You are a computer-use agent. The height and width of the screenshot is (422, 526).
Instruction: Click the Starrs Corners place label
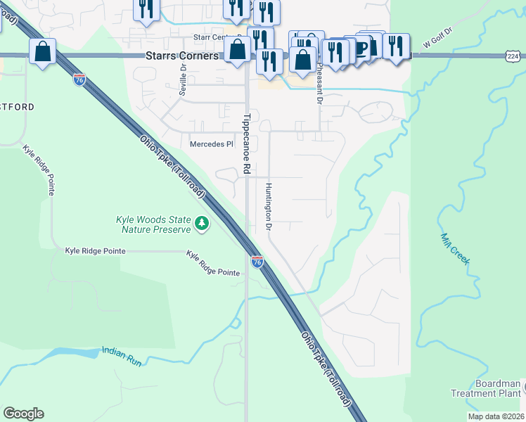[182, 55]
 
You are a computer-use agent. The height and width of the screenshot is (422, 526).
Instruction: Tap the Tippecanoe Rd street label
[246, 143]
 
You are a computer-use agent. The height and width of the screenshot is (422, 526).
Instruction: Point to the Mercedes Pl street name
[211, 144]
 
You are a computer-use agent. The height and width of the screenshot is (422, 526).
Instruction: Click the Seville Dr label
[183, 79]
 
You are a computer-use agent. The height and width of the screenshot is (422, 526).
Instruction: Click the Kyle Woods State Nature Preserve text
[153, 224]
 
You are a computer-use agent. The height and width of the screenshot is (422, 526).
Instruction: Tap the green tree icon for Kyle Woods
[203, 224]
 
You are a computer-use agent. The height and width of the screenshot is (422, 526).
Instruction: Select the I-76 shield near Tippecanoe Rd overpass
[257, 262]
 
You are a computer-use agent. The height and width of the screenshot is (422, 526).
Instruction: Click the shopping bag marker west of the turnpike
[43, 51]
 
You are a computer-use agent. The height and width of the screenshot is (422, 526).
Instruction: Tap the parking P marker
[364, 47]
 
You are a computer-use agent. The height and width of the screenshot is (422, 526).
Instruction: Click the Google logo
[23, 414]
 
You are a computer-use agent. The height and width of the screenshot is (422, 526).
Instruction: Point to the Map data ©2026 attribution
[496, 416]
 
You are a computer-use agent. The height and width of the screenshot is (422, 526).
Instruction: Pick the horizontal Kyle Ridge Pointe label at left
[95, 250]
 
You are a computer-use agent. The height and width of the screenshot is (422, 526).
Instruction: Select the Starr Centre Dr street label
[219, 37]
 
